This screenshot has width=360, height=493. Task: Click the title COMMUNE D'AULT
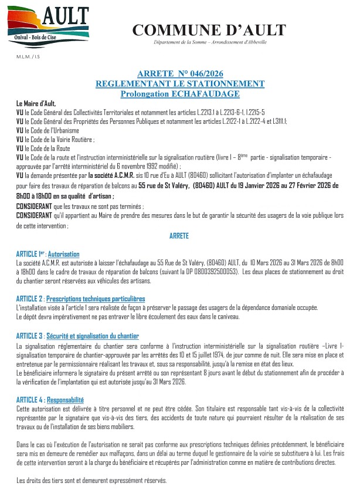click(x=209, y=30)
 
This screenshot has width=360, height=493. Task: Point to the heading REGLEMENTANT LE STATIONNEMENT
click(x=180, y=84)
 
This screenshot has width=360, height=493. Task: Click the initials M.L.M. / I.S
click(x=28, y=57)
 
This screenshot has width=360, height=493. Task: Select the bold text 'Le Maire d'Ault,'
click(x=36, y=103)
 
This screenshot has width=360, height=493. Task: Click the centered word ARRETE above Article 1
click(x=179, y=235)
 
